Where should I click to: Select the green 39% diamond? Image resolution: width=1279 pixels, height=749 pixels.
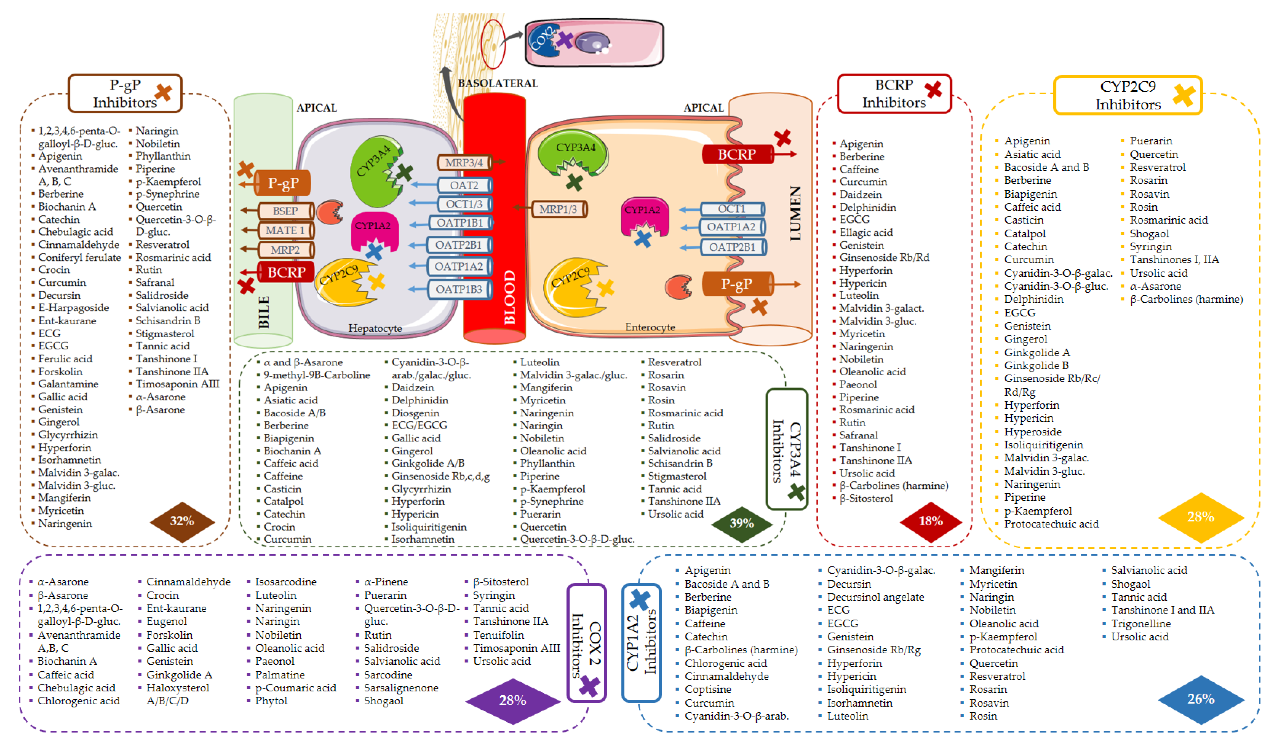click(742, 523)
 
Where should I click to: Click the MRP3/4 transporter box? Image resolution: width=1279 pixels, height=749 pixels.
click(464, 162)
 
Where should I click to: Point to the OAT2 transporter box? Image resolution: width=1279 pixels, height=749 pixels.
click(464, 185)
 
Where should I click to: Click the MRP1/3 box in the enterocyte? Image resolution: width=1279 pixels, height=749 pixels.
click(558, 209)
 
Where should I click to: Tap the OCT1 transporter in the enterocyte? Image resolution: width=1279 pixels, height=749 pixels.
click(731, 209)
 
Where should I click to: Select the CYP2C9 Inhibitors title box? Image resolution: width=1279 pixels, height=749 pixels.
click(1128, 95)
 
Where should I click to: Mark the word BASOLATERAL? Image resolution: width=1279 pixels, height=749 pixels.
click(497, 83)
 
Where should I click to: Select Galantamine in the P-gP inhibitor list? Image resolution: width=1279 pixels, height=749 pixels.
click(68, 384)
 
